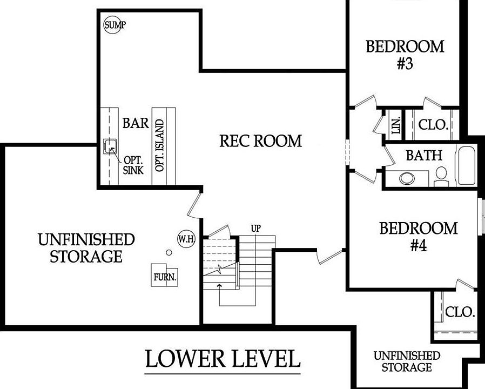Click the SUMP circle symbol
pos(114,25)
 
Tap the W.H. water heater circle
pos(186,238)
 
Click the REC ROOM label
pos(260,141)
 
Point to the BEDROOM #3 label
pos(405,55)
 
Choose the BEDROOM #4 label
pos(419,237)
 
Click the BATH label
pos(424,156)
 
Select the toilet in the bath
pos(441,175)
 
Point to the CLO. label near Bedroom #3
pos(433,125)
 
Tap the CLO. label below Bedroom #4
pos(460,312)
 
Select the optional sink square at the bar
pos(111,145)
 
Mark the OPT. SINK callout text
pos(133,165)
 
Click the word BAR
pos(136,123)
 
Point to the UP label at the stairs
pos(256,229)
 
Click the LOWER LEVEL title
pos(222,359)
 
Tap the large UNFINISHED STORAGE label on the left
pos(86,247)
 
